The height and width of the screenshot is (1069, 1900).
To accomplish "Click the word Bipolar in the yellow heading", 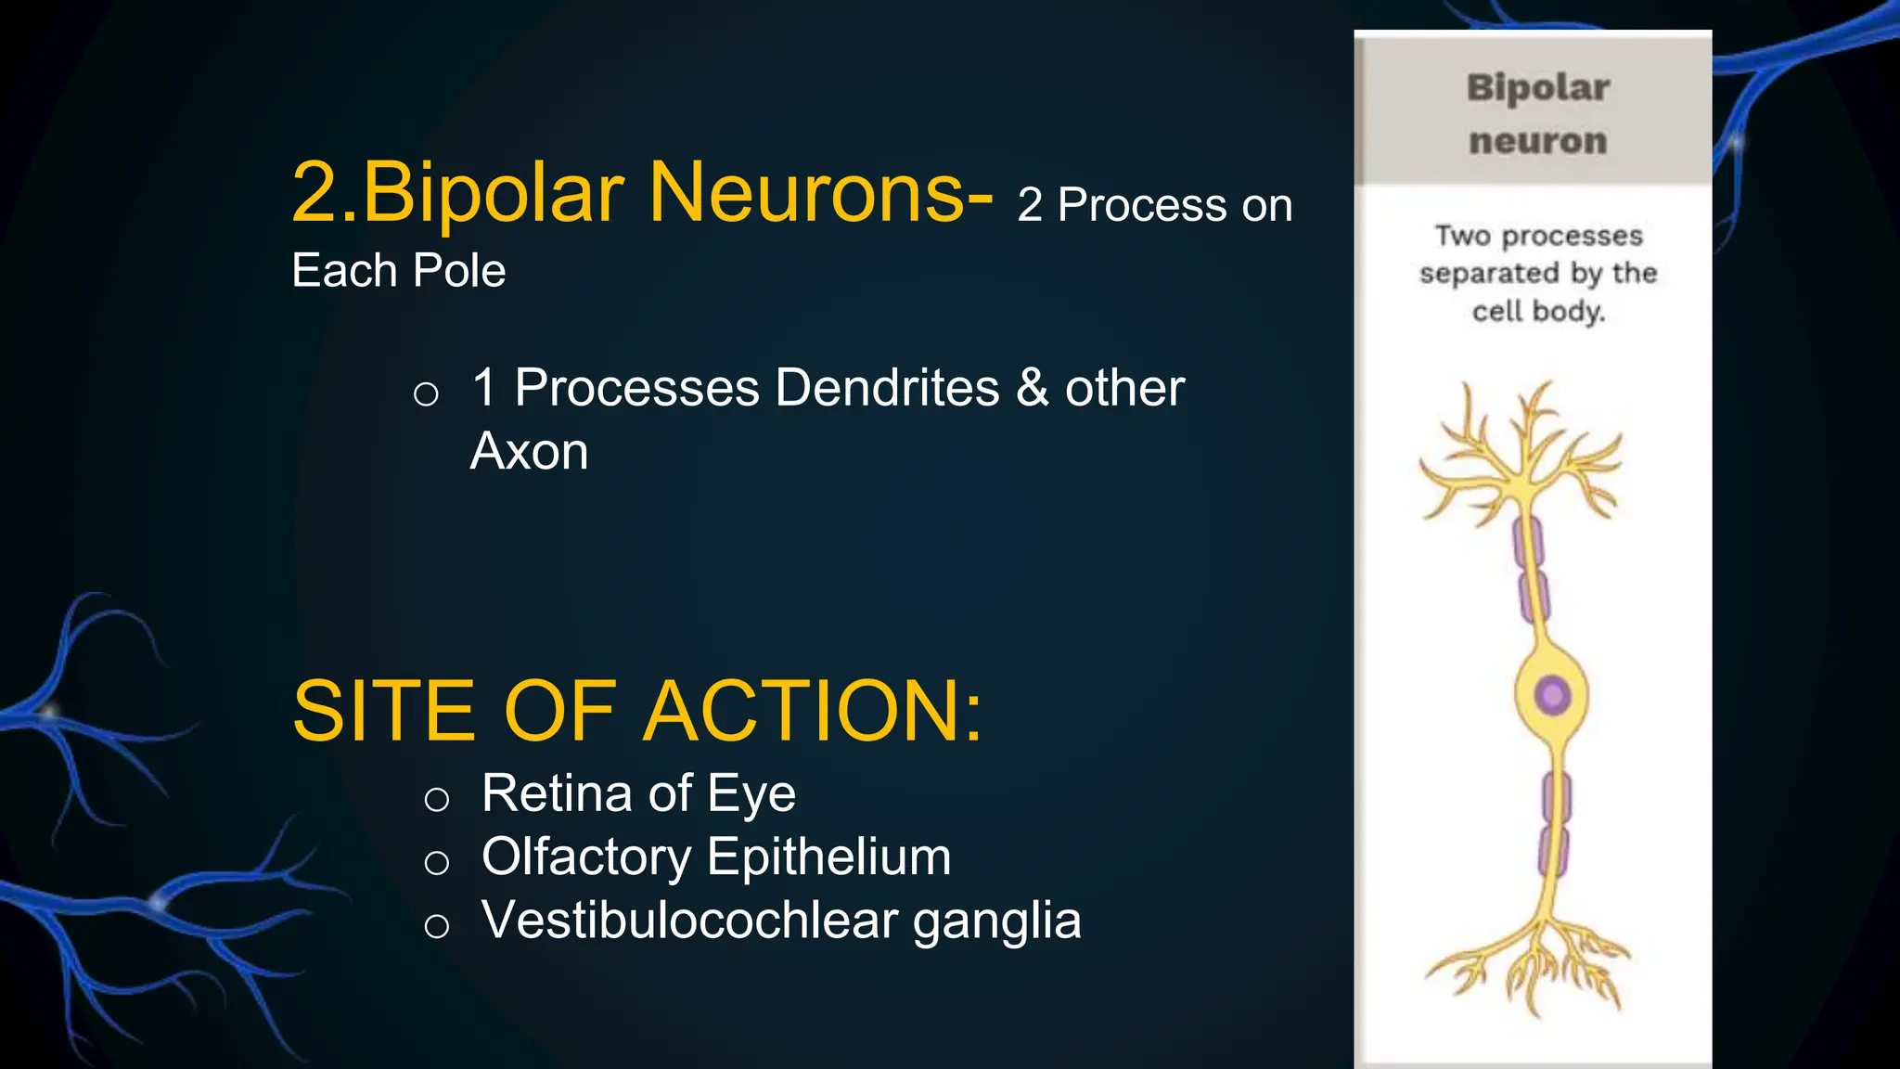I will pyautogui.click(x=493, y=193).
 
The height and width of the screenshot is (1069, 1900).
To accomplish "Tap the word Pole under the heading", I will pyautogui.click(x=459, y=271).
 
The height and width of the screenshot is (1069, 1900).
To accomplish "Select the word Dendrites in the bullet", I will pyautogui.click(x=887, y=388).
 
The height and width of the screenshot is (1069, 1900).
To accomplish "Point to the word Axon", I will pyautogui.click(x=529, y=452).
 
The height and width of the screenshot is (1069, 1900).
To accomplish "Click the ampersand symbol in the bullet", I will pyautogui.click(x=1033, y=388).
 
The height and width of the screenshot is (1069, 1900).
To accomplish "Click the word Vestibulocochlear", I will pyautogui.click(x=690, y=920).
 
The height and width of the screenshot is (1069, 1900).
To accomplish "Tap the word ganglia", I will pyautogui.click(x=997, y=920).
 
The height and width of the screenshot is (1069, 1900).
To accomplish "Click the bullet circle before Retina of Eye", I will pyautogui.click(x=437, y=799).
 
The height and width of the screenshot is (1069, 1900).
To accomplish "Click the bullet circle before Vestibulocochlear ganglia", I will pyautogui.click(x=437, y=925).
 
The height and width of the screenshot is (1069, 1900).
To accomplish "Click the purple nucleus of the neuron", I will pyautogui.click(x=1552, y=694).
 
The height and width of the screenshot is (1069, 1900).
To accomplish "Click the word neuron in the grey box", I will pyautogui.click(x=1537, y=141).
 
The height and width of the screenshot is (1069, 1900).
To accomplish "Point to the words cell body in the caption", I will pyautogui.click(x=1537, y=311).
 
